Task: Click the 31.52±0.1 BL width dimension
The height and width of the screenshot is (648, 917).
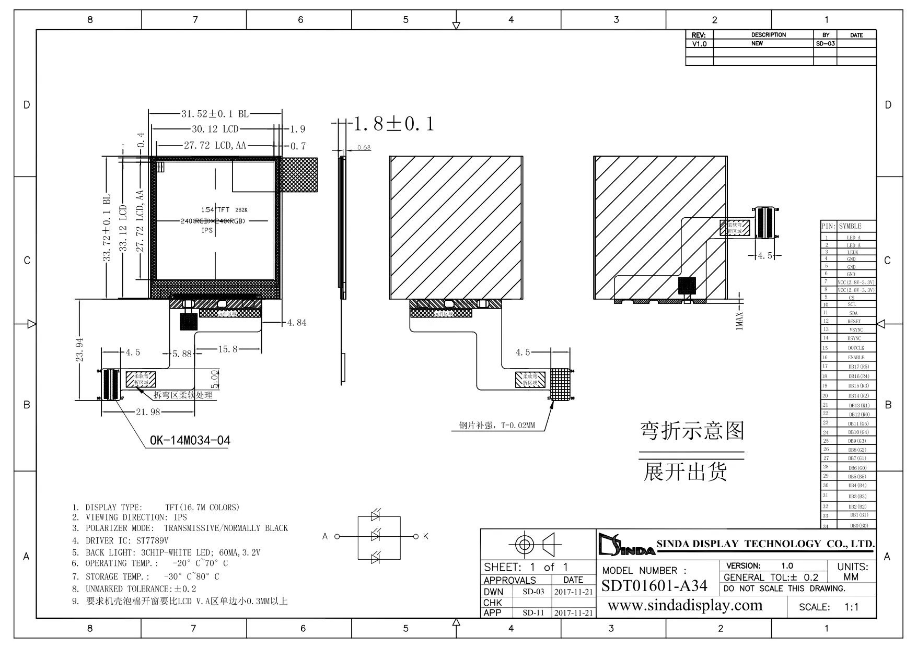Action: click(x=215, y=114)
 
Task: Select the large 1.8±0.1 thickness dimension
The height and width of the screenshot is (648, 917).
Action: click(x=394, y=124)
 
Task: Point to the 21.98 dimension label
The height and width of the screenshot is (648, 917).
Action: click(x=148, y=412)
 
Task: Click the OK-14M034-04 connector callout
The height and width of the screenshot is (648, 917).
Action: click(x=190, y=441)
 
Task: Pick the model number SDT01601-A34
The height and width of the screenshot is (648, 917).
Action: click(x=654, y=586)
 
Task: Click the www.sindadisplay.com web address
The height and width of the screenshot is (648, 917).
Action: click(x=685, y=606)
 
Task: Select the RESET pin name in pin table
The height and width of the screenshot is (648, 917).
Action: click(x=854, y=322)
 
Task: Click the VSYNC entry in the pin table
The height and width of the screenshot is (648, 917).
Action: click(x=856, y=330)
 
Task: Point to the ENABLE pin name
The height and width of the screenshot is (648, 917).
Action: click(x=856, y=358)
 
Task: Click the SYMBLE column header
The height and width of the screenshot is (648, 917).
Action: click(x=850, y=226)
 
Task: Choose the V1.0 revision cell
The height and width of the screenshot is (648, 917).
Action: click(x=699, y=44)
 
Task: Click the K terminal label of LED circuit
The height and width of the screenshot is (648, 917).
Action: click(x=425, y=536)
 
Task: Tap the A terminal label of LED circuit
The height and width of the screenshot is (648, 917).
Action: click(x=325, y=536)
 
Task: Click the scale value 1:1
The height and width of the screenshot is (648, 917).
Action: click(x=851, y=607)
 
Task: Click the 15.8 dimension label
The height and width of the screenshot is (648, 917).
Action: click(x=228, y=349)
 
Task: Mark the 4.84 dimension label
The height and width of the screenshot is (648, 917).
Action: click(x=297, y=323)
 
